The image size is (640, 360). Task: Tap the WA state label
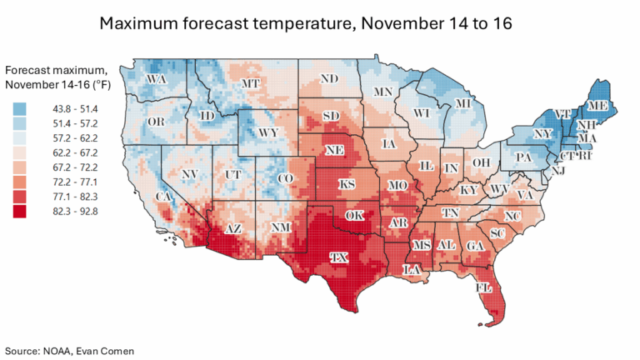(155, 80)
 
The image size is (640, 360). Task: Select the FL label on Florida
(484, 287)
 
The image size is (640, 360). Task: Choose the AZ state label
(235, 229)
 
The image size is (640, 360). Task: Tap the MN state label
(383, 91)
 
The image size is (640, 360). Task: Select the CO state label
(285, 178)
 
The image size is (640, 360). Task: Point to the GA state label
(475, 246)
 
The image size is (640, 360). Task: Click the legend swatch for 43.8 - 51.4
(21, 108)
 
